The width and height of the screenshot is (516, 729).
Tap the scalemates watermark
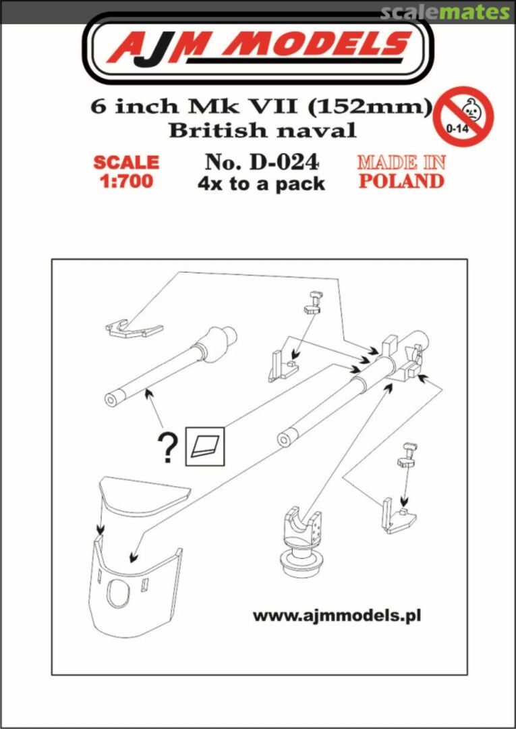[445, 11]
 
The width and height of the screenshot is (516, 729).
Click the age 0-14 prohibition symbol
[463, 115]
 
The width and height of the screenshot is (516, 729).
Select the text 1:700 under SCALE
[125, 181]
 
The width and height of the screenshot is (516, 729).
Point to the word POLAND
[401, 181]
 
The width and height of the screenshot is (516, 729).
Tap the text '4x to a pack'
[262, 184]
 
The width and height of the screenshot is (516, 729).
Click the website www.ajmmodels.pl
[337, 616]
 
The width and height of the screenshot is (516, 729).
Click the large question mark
[167, 448]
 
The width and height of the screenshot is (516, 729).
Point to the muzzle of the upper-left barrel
[112, 399]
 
